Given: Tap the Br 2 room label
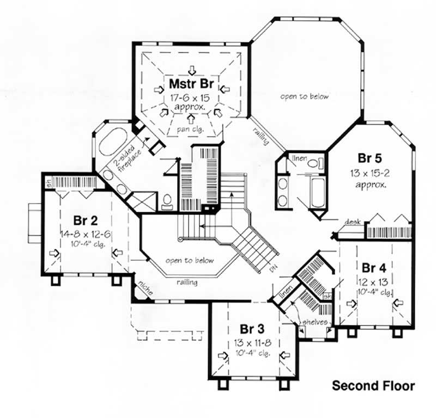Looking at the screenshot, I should click(x=86, y=220).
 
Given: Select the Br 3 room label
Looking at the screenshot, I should click(x=252, y=329).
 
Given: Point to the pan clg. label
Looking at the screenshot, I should click(x=191, y=130).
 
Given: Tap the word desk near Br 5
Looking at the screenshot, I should click(x=350, y=222).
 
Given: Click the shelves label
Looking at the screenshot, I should click(x=316, y=322).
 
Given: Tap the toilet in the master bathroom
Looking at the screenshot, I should click(x=167, y=202).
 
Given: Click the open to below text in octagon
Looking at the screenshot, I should click(x=305, y=96).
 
